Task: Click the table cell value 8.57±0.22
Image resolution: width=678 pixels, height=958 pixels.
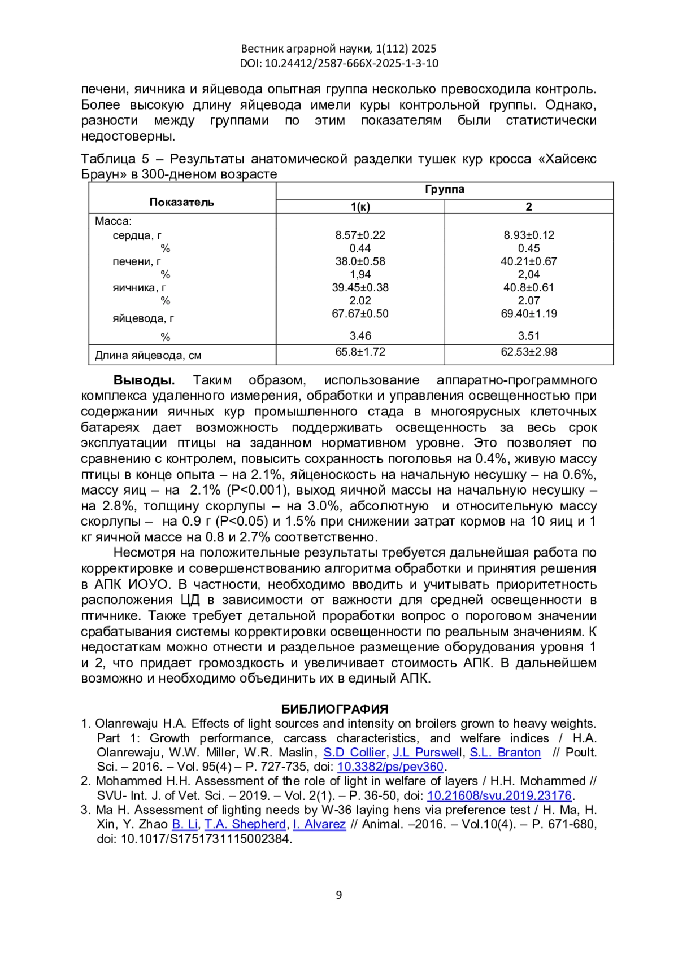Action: point(360,235)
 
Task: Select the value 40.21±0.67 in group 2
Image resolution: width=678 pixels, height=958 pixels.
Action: point(529,261)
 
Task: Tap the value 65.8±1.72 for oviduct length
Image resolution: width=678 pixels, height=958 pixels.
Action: point(360,352)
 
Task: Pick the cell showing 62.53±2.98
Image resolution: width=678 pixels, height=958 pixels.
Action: point(529,352)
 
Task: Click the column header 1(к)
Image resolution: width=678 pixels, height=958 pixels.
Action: point(360,207)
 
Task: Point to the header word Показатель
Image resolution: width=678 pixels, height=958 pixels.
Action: point(182,202)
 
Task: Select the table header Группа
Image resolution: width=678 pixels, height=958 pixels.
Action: point(444,189)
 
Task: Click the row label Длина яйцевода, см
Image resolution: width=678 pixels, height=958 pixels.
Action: point(148,356)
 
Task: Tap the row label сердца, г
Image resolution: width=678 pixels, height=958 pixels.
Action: point(137,235)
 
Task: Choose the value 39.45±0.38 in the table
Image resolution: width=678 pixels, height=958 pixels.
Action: point(360,287)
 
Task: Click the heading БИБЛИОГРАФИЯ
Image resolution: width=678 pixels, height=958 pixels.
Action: point(334,709)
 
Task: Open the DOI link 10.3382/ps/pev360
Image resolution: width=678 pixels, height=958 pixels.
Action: point(390,767)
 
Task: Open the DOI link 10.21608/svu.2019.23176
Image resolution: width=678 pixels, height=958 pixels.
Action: point(499,795)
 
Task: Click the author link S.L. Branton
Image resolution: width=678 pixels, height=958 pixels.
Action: point(505,753)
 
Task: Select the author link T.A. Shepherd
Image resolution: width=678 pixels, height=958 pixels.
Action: point(245,824)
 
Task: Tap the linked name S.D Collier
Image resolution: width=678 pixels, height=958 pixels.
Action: point(354,753)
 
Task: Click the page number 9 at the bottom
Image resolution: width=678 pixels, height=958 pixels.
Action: point(338,895)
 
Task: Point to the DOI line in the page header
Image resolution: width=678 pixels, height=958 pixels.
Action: point(339,63)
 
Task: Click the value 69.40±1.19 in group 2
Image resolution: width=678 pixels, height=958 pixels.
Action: point(529,314)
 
